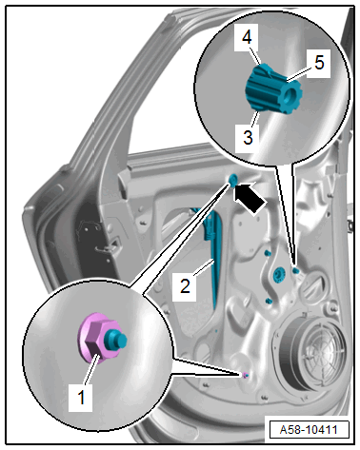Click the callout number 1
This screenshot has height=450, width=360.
pos(81,397)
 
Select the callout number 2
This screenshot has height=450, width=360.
pos(185,285)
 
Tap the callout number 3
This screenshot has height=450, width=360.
pos(248,137)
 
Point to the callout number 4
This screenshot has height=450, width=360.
pos(247,37)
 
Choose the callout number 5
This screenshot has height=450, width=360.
pos(319,62)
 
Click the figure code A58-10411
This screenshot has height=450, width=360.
pos(309,430)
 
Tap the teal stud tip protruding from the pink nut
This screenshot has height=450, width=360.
pos(118,339)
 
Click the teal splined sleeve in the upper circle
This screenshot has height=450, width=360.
pos(273,88)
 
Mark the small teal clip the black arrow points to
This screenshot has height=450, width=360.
pos(232,181)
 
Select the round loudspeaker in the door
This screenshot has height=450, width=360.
pos(312,351)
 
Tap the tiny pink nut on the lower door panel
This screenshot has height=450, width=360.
pos(245,375)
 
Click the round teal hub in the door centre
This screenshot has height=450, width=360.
pos(279,274)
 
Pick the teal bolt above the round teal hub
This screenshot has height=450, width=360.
pos(267,253)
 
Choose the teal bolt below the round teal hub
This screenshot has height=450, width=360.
pos(269,301)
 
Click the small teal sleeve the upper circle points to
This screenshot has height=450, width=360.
pos(296,270)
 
